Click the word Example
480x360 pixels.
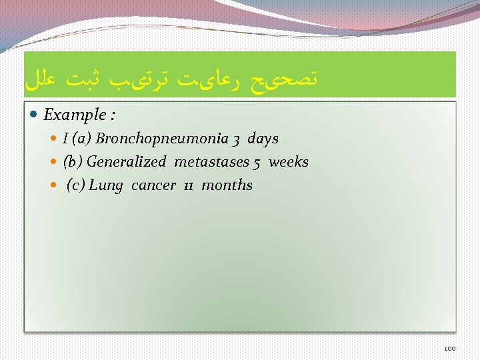[x=73, y=115]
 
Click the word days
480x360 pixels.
[x=263, y=139]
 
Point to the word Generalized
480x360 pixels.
[x=126, y=162]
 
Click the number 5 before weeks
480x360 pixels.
[x=257, y=163]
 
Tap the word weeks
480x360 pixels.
[x=288, y=162]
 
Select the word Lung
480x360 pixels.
[x=106, y=185]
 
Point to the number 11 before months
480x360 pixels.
[x=189, y=186]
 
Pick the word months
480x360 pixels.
[x=227, y=185]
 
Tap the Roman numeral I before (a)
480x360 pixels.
[x=65, y=139]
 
